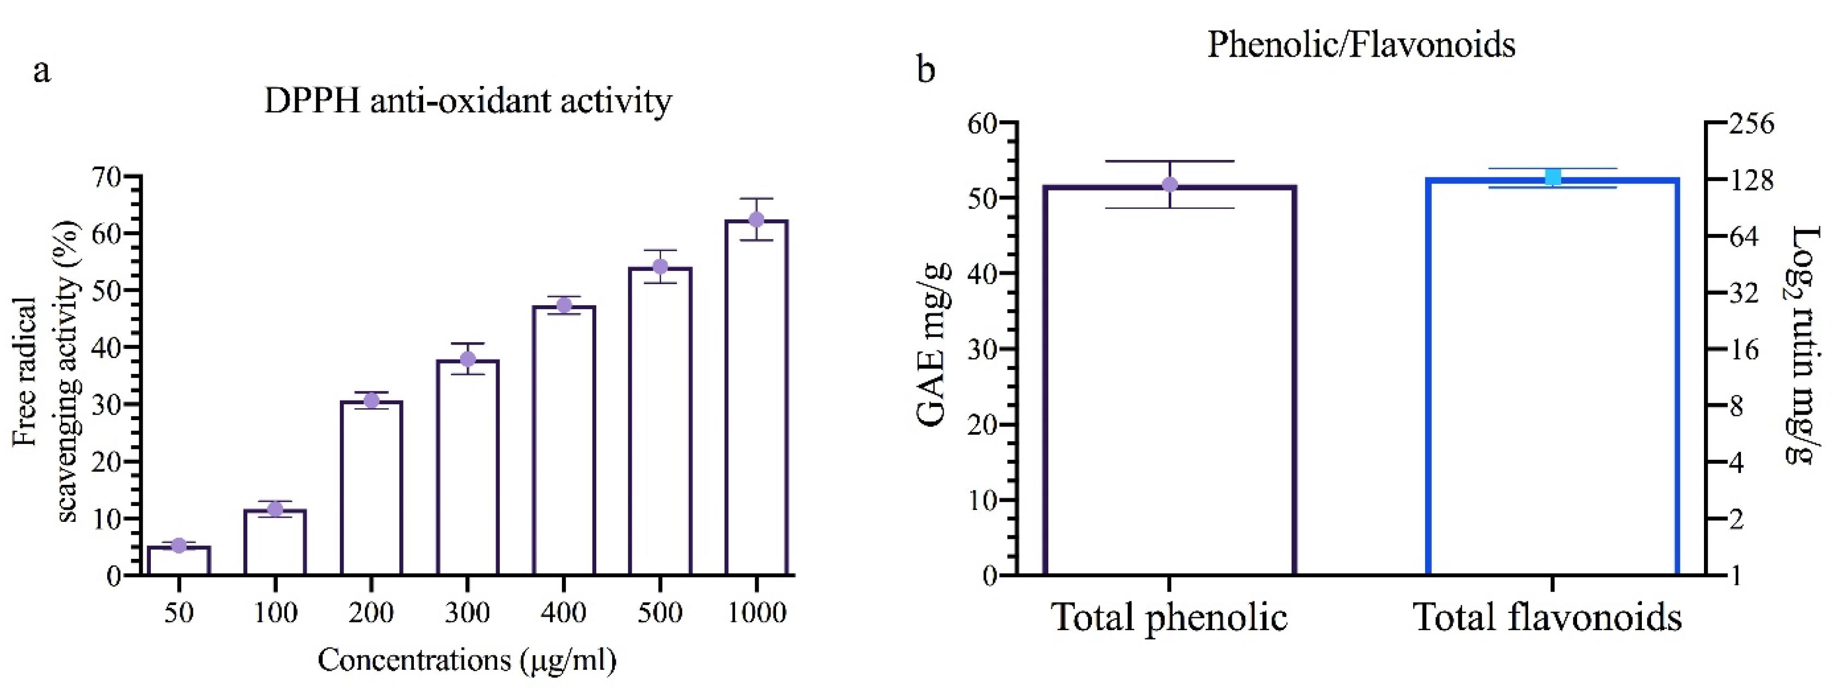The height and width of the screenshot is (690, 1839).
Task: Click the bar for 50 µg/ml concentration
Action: click(x=179, y=560)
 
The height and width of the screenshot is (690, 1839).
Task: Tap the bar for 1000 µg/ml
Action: click(x=756, y=399)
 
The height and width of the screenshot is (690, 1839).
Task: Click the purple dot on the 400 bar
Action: click(x=564, y=305)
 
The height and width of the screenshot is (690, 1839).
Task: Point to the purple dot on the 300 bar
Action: click(x=468, y=359)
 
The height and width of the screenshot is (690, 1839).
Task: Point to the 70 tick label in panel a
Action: click(x=106, y=176)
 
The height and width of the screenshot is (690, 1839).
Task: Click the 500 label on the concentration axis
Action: click(x=659, y=612)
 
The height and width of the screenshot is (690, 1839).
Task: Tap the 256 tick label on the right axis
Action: click(x=1750, y=124)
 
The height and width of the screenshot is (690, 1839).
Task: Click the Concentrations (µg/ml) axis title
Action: click(x=467, y=660)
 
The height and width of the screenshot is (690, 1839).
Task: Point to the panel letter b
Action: click(x=925, y=71)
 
